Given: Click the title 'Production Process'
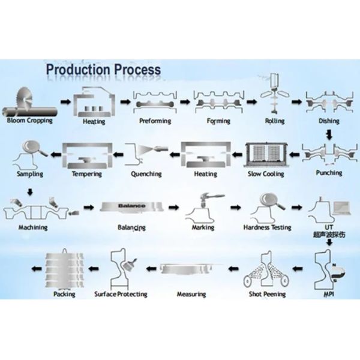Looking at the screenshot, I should pos(103,69).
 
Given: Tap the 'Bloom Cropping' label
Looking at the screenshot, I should pos(30,120).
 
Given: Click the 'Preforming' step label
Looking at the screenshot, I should pos(155,121).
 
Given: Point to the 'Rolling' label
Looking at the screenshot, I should pos(275,121).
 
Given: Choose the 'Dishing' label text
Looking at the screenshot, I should pos(329,121).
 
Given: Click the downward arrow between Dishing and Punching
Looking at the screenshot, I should pos(328,135).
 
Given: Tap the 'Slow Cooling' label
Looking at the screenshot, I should pos(266,174).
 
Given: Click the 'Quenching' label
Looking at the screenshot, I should pos(146,174).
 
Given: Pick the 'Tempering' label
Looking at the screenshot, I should pos(87,174).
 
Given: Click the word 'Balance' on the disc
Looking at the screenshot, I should pos(131,206).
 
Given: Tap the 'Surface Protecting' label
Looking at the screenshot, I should pos(121,295).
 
